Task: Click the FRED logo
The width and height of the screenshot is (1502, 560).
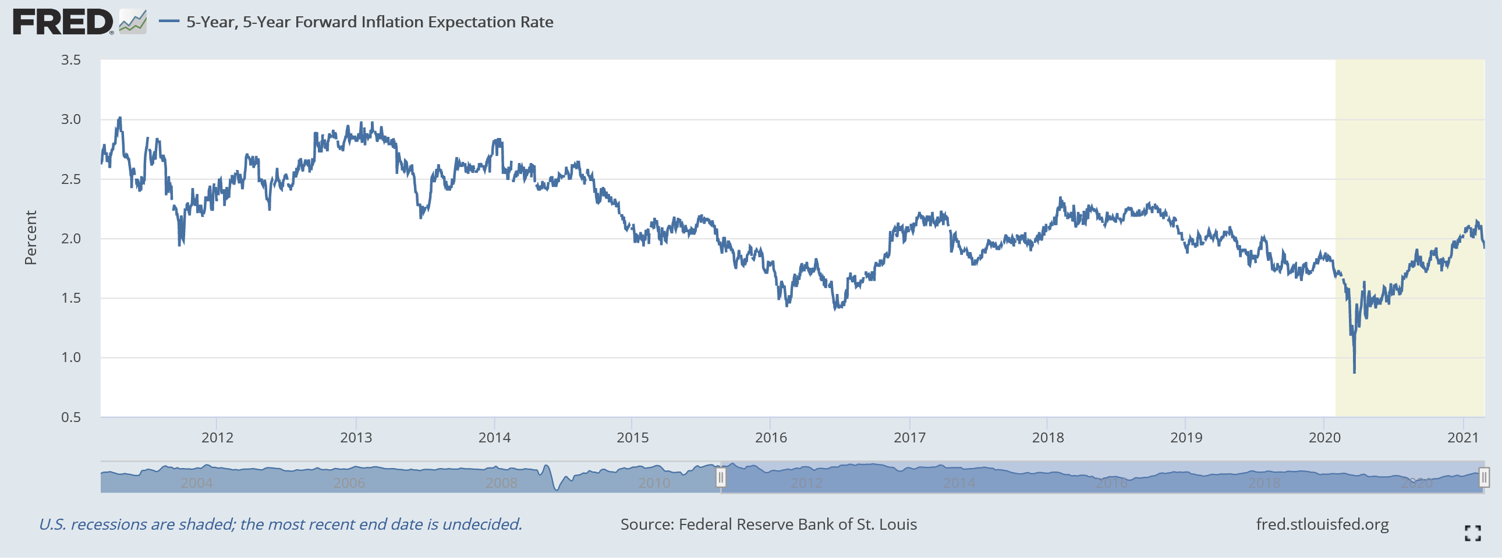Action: coord(63,22)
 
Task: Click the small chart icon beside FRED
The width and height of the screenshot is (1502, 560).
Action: coord(133,22)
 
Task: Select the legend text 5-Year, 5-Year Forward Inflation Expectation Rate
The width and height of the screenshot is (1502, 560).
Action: coord(370,22)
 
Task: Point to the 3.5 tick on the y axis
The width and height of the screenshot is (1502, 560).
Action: coord(71,60)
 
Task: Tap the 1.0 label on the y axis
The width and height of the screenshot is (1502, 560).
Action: coord(71,358)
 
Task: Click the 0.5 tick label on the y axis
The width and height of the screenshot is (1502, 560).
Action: coord(71,418)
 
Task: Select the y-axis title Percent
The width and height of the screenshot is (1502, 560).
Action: coord(30,238)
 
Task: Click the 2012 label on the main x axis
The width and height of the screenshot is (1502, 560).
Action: coord(217,438)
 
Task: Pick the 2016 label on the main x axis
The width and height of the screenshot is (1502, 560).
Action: coord(771,438)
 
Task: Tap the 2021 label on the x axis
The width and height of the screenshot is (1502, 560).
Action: coord(1463,438)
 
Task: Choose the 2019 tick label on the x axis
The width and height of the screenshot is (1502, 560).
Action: coord(1186,438)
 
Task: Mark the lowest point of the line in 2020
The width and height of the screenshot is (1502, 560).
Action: coord(1354,373)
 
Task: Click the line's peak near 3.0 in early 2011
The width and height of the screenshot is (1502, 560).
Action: coord(120,118)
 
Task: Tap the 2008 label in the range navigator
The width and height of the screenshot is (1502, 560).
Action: coord(501,484)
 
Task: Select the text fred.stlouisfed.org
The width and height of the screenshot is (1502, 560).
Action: coord(1322,525)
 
